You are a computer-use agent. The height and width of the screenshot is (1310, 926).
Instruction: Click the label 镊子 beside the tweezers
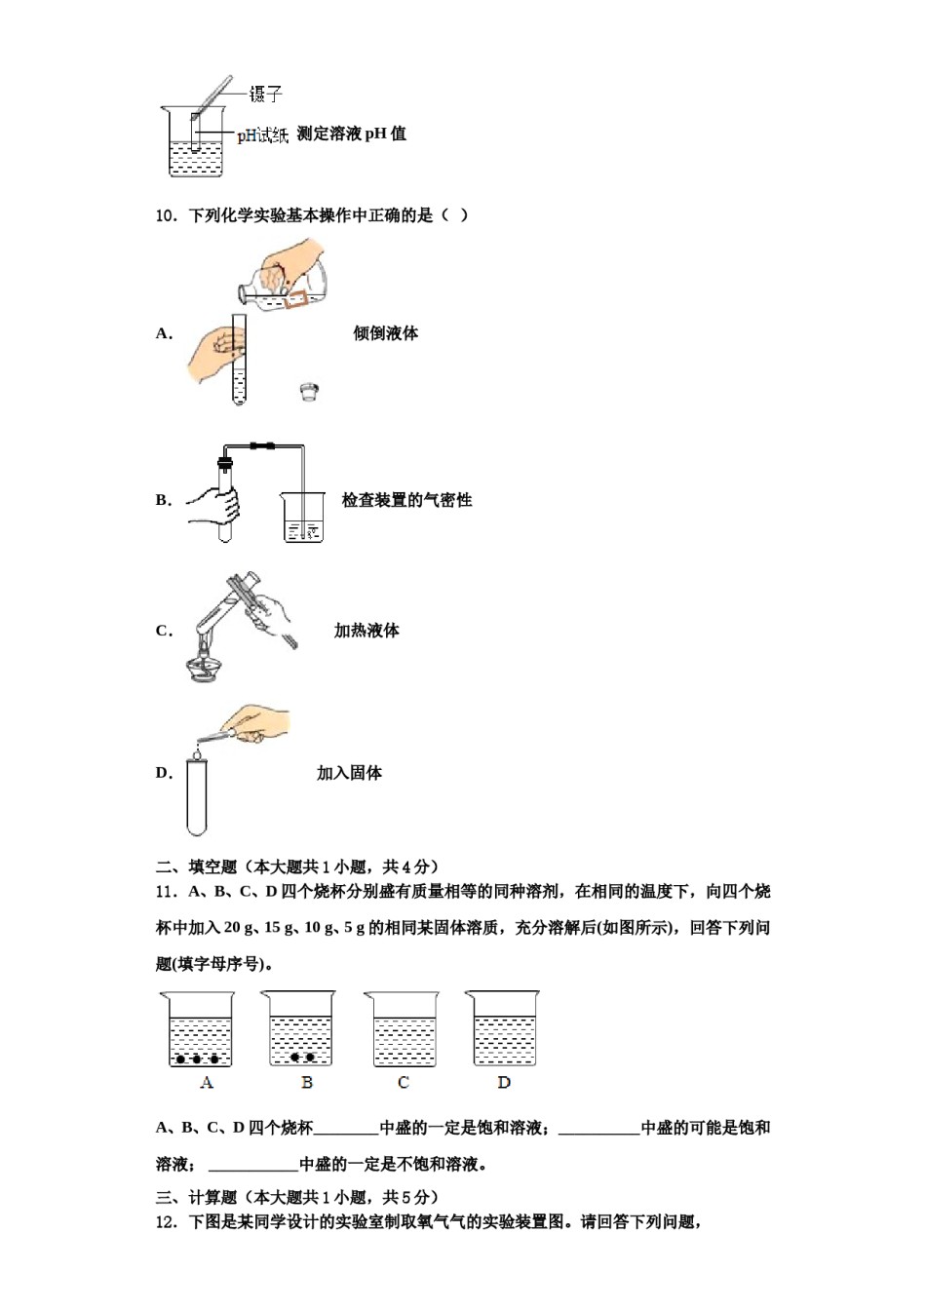click(265, 94)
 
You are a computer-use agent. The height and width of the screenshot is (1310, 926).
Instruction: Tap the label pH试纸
click(262, 135)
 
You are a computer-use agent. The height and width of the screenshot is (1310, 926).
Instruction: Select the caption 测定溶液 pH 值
click(351, 135)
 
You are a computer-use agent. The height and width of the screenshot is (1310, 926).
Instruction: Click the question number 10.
click(166, 215)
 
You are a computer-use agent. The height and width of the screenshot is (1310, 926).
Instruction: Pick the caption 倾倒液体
click(385, 333)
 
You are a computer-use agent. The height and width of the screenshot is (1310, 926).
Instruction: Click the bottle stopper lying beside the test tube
click(309, 392)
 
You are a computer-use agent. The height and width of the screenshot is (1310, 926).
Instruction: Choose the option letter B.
click(163, 500)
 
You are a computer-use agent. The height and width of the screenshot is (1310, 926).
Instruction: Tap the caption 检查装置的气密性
click(406, 500)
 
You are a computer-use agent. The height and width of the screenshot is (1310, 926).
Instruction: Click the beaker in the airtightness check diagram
click(303, 517)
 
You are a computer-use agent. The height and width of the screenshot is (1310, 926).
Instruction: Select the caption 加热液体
click(367, 631)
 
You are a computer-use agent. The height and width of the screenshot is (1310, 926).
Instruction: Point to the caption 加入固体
click(349, 773)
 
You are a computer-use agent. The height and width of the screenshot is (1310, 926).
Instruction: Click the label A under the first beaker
click(207, 1082)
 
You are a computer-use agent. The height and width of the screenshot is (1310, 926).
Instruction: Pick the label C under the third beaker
click(404, 1082)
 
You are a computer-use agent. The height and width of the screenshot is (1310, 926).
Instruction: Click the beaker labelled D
click(503, 1030)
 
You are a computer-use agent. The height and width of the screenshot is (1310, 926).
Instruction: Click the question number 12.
click(166, 1222)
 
